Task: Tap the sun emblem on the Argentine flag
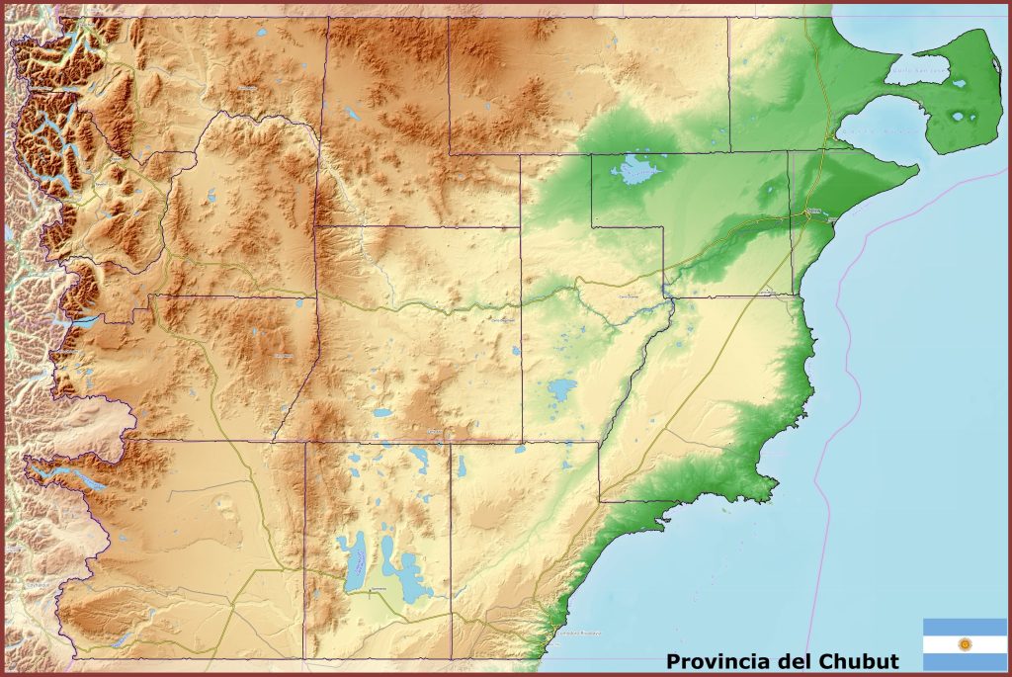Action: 966,644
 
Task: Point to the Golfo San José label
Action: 916,70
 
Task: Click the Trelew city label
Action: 814,212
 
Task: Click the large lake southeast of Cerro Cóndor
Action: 561,388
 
